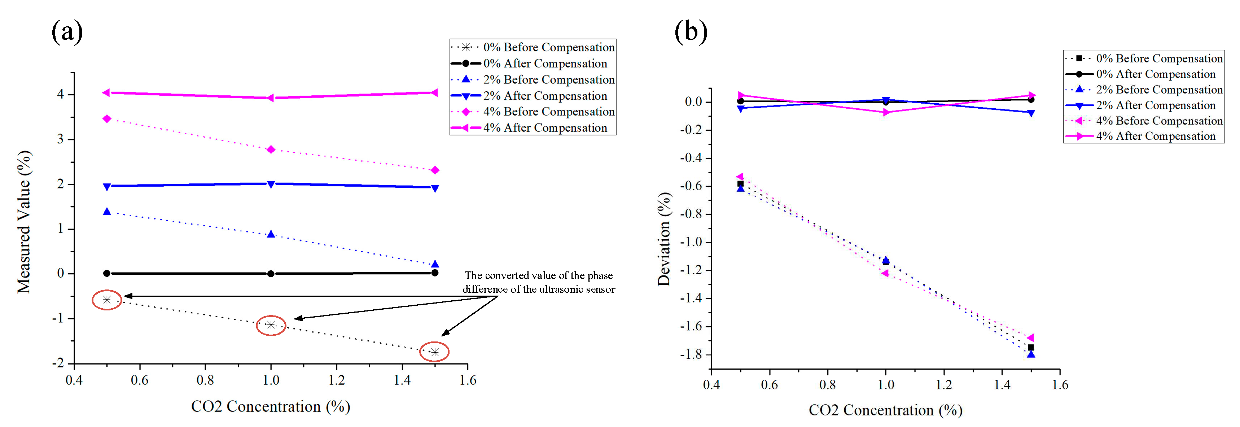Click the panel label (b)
coord(691,32)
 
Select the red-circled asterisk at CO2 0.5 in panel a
coord(107,300)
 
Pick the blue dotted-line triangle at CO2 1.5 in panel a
coord(435,264)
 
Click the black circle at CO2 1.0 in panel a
coord(271,274)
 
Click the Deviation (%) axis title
coord(664,239)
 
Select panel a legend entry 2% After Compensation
coord(545,96)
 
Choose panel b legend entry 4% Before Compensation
coord(1159,121)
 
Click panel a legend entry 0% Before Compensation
coord(549,47)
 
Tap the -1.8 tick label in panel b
coord(690,354)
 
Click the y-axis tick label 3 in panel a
coord(60,139)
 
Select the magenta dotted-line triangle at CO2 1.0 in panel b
coord(885,273)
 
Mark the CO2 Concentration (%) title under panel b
coord(885,410)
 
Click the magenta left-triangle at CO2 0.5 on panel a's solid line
coord(106,92)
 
